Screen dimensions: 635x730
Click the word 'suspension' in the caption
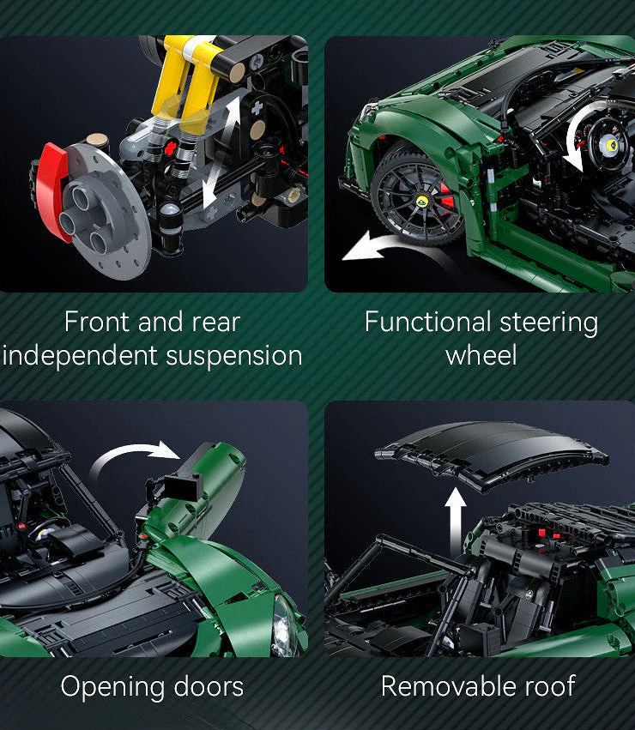pyautogui.click(x=234, y=357)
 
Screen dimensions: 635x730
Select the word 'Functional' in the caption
pyautogui.click(x=427, y=322)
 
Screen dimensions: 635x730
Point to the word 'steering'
pyautogui.click(x=548, y=323)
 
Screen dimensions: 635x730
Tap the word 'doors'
pyautogui.click(x=209, y=687)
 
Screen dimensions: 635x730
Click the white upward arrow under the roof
pyautogui.click(x=455, y=522)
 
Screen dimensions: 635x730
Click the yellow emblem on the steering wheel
pyautogui.click(x=611, y=145)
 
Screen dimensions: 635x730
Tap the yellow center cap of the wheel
pyautogui.click(x=422, y=201)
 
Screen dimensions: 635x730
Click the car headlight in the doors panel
pyautogui.click(x=283, y=626)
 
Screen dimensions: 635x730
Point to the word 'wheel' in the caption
pyautogui.click(x=481, y=356)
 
